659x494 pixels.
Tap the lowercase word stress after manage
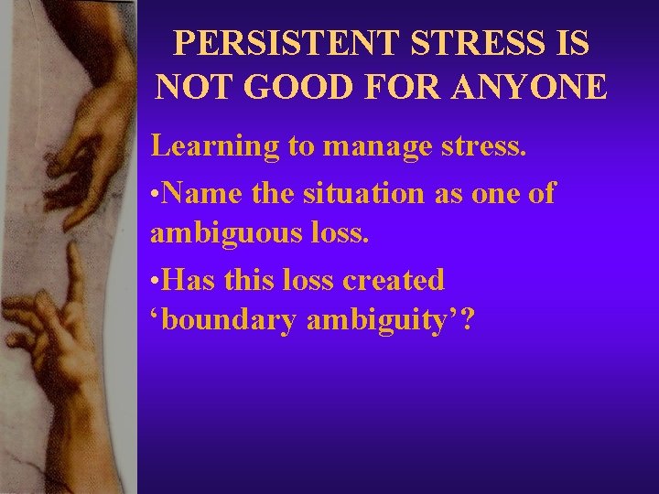click(480, 146)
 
